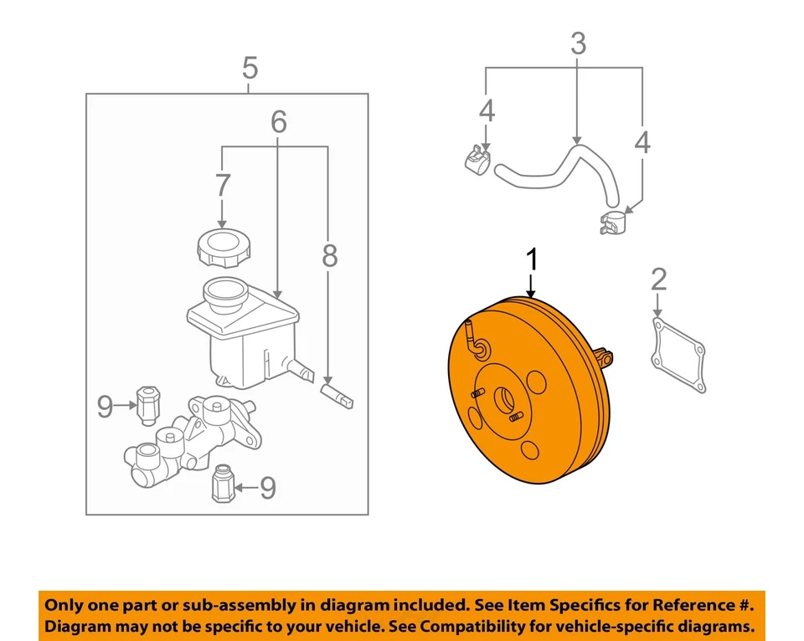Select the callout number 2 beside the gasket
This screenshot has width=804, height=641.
coord(659,279)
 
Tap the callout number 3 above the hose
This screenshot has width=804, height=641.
coord(578,44)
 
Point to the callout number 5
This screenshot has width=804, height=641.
coord(250,66)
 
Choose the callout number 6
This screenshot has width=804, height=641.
coord(278,122)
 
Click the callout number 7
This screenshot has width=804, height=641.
coord(221,186)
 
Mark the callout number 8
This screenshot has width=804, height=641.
coord(329,256)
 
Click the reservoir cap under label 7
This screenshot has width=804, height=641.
coord(219,248)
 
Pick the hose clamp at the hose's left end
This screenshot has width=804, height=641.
coord(477,158)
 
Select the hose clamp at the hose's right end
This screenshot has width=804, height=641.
coord(615,223)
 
